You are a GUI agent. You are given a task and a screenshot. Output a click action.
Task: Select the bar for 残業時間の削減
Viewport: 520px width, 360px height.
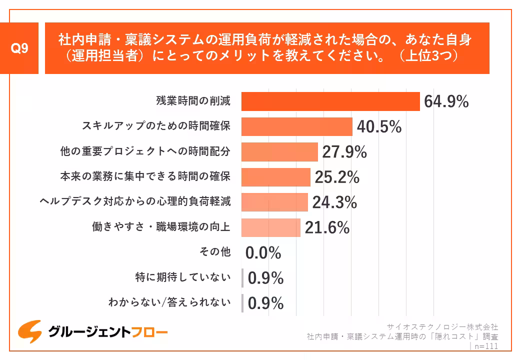(330, 101)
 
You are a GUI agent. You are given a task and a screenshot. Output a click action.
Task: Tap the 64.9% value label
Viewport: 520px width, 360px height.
(446, 101)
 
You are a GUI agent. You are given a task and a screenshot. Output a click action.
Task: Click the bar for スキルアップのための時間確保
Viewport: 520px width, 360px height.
(296, 126)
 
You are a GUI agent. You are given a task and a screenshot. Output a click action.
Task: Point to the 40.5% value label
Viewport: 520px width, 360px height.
(379, 127)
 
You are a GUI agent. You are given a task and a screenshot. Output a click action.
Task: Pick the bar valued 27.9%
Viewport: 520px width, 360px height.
(279, 152)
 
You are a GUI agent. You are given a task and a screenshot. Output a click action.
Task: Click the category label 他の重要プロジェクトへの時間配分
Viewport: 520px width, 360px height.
(145, 151)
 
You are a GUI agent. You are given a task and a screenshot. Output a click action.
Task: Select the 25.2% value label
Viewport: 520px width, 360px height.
(337, 177)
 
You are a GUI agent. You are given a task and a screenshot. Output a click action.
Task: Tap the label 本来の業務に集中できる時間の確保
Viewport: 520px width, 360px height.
(145, 176)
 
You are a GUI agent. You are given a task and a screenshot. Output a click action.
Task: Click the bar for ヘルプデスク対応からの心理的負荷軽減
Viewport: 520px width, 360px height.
(274, 202)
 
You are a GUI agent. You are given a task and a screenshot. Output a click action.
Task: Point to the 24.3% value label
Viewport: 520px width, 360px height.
(334, 202)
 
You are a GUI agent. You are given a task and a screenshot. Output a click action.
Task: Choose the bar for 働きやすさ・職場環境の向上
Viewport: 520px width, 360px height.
(270, 227)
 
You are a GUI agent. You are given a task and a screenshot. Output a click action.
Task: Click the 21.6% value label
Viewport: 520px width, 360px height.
(327, 228)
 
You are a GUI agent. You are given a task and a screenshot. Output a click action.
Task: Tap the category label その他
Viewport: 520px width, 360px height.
(215, 252)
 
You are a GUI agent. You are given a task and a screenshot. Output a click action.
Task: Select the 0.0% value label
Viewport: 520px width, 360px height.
(263, 253)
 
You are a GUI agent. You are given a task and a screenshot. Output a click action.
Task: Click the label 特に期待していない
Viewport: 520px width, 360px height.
(183, 277)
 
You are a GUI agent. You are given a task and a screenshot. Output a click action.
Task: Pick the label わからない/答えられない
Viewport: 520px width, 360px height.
(169, 302)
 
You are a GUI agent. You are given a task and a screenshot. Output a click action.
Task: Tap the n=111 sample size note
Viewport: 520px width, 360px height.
(484, 346)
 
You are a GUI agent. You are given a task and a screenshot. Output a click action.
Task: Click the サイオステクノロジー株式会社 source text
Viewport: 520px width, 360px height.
(443, 327)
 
